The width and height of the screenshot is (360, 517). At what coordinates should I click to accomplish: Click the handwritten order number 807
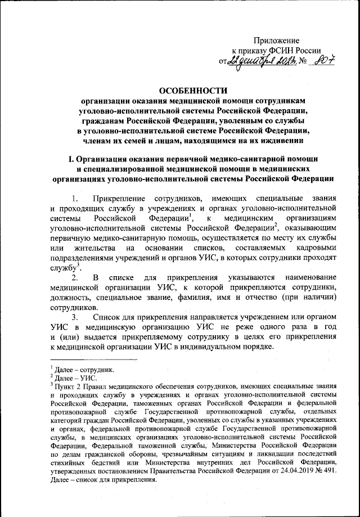pyautogui.click(x=326, y=61)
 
